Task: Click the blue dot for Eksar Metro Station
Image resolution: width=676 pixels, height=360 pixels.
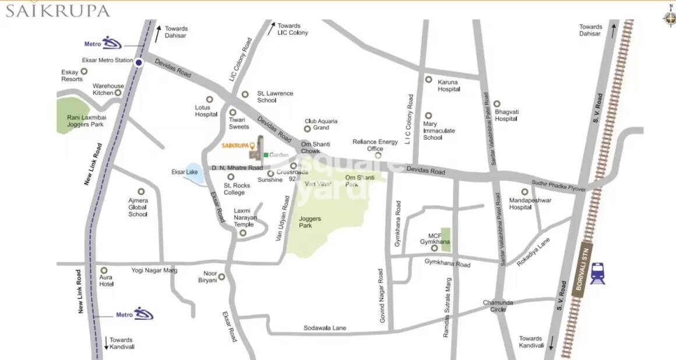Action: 139,62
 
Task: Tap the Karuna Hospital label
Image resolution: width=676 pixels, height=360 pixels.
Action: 449,86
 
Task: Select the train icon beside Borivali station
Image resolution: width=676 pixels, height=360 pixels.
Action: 597,273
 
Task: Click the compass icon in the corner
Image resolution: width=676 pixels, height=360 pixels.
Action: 668,16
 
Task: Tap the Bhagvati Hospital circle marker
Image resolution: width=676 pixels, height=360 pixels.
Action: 497,104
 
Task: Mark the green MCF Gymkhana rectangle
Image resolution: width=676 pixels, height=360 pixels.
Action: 446,239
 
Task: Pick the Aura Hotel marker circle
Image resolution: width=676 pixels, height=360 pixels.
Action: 104,270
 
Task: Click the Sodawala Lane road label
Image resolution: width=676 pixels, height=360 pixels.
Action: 325,328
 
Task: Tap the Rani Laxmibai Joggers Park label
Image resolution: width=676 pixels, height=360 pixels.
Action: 85,121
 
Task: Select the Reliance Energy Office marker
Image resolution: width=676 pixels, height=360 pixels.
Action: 378,155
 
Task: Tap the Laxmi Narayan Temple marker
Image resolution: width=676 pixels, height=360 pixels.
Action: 243,233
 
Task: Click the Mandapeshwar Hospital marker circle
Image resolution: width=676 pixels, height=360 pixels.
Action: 524,192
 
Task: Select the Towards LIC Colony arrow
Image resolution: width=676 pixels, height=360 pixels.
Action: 270,29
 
